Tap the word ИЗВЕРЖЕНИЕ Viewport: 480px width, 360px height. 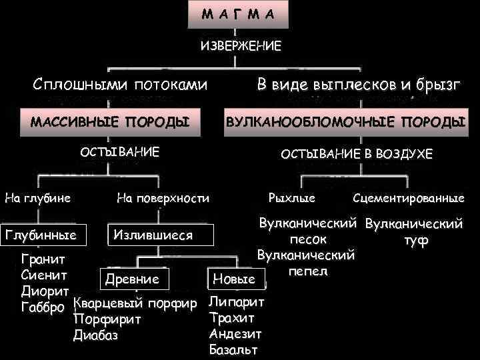241,46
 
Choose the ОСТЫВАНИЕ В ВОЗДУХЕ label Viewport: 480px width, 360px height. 356,154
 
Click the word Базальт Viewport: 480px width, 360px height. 233,349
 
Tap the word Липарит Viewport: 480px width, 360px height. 237,302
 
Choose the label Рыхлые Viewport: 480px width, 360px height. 291,198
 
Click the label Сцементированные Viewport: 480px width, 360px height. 408,198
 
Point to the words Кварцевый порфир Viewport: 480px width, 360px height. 135,304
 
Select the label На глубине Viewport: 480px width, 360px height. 37,197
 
